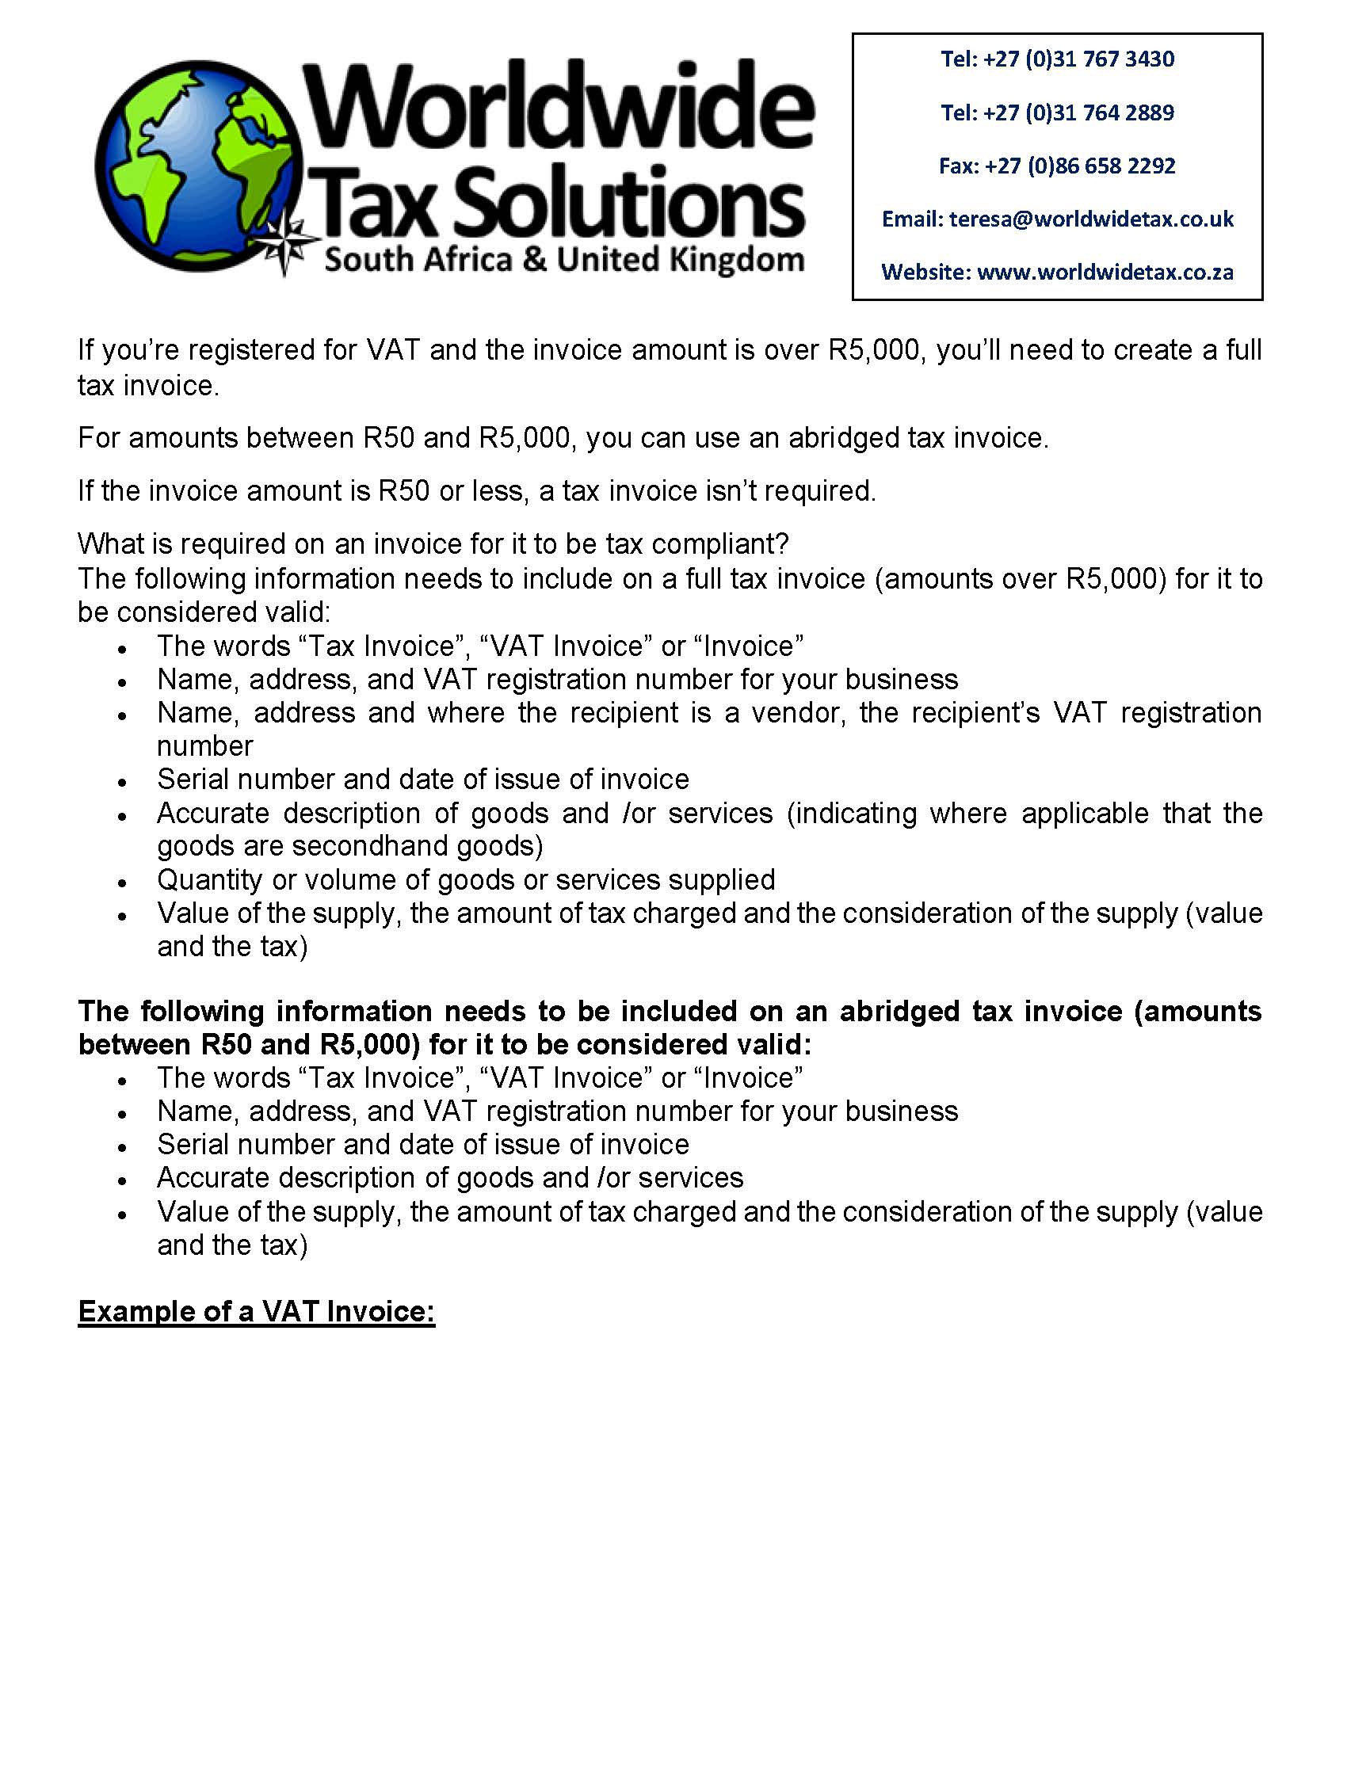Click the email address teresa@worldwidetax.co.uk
[x=1091, y=219]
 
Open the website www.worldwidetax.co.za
[x=1105, y=273]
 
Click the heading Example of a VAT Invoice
[x=257, y=1312]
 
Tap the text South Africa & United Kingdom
[x=563, y=260]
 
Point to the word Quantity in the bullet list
[x=209, y=880]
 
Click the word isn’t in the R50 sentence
[x=733, y=491]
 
